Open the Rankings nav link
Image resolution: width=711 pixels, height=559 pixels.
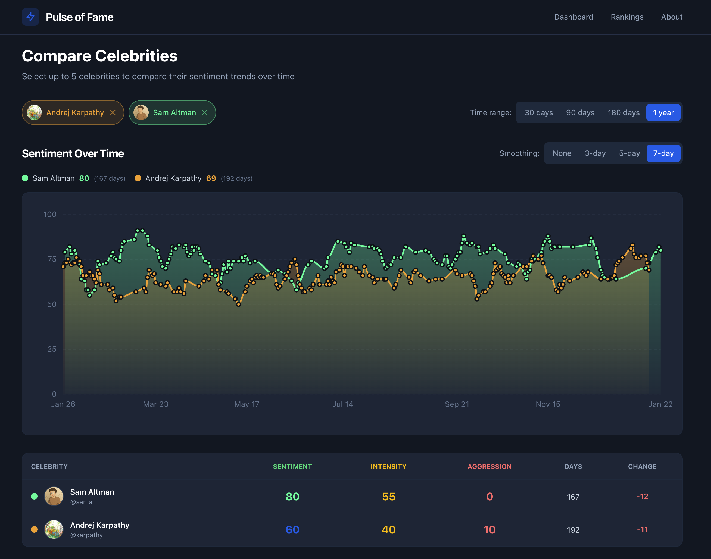[627, 17]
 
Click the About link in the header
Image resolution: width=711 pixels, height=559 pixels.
[671, 17]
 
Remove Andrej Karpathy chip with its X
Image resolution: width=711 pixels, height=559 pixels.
[113, 112]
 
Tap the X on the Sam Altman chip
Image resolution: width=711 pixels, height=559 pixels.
[205, 112]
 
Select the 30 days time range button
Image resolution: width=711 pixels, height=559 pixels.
[538, 112]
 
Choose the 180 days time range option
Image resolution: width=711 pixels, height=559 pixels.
[623, 112]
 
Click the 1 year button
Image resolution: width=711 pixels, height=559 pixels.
[663, 112]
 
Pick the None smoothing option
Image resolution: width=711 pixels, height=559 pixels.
[562, 153]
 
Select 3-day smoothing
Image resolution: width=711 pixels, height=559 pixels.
[595, 153]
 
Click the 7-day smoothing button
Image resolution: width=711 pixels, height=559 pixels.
[663, 153]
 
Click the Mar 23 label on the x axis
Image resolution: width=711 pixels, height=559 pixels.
[155, 404]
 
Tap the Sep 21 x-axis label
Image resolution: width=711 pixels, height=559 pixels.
[457, 404]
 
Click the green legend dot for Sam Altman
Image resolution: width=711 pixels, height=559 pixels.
[25, 178]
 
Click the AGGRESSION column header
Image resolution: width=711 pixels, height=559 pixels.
[489, 466]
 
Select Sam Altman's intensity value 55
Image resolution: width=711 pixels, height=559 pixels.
[388, 497]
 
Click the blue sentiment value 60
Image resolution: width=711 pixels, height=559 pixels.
[292, 530]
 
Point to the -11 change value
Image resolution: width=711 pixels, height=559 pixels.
[642, 530]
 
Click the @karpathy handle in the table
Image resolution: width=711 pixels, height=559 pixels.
[86, 535]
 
